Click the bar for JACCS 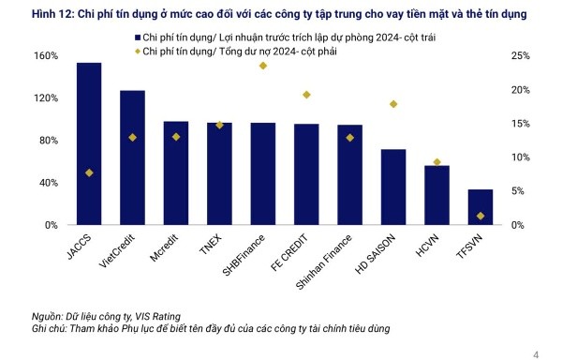tap(89, 144)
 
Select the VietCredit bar tap(132, 158)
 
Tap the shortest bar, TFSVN tap(481, 207)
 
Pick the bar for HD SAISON tap(393, 187)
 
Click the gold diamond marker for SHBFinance tap(263, 66)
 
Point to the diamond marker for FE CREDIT tap(306, 95)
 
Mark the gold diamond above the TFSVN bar tap(481, 217)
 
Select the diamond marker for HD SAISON tap(393, 104)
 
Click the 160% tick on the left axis tap(20, 56)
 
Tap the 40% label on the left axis tap(22, 183)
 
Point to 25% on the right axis tap(522, 56)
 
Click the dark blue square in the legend tap(136, 35)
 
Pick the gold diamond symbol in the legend tap(136, 50)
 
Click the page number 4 tap(536, 353)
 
